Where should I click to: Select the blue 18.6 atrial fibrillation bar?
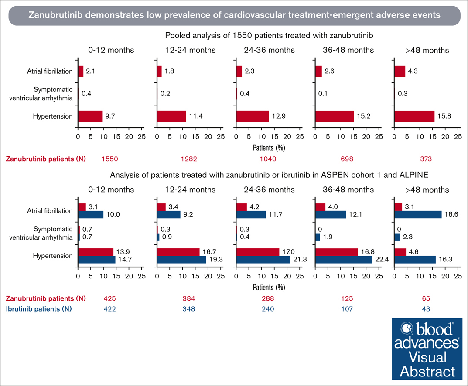tap(418, 214)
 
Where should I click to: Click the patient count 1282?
tap(188, 159)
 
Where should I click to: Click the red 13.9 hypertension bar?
tap(96, 252)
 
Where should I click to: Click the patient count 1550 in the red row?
tap(109, 159)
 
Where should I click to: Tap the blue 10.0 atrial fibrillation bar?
tap(91, 214)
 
